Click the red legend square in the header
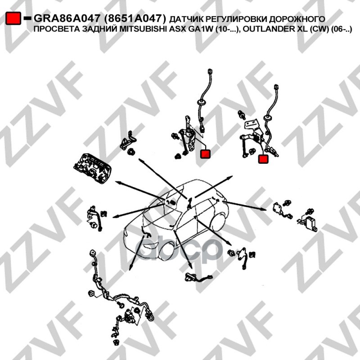13,18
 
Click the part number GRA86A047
67,18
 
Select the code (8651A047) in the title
135,18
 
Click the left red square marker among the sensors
205,154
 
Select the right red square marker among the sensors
263,159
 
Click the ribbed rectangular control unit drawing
92,168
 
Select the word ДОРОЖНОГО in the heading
297,19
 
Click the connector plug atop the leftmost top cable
210,71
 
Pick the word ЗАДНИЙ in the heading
102,29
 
